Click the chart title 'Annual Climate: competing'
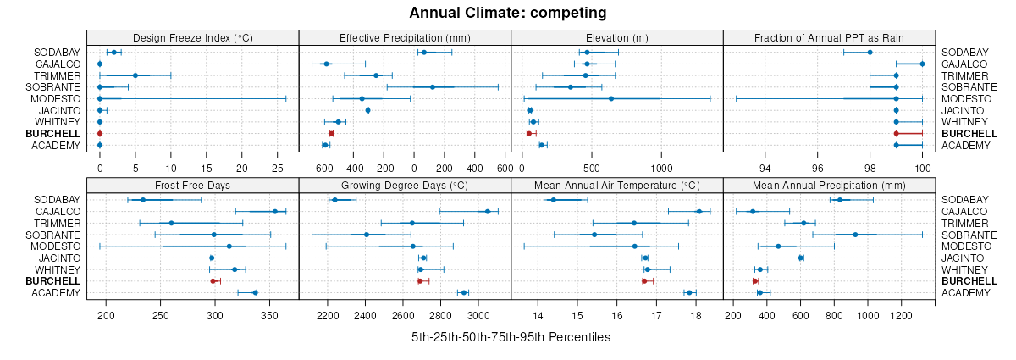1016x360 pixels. tap(507, 13)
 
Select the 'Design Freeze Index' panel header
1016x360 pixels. tap(193, 37)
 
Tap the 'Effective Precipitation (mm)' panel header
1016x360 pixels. tap(405, 37)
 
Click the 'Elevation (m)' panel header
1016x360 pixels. tap(616, 37)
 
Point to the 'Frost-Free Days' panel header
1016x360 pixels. tap(193, 185)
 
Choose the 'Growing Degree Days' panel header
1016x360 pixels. tap(405, 185)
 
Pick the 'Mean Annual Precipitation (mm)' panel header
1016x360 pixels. tap(829, 185)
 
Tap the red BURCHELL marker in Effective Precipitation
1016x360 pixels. tap(331, 134)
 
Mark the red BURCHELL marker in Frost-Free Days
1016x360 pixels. tap(213, 280)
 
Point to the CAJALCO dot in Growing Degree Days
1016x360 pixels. tap(487, 212)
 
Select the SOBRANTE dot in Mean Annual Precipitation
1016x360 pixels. tap(855, 235)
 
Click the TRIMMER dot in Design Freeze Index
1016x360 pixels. tap(135, 75)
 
